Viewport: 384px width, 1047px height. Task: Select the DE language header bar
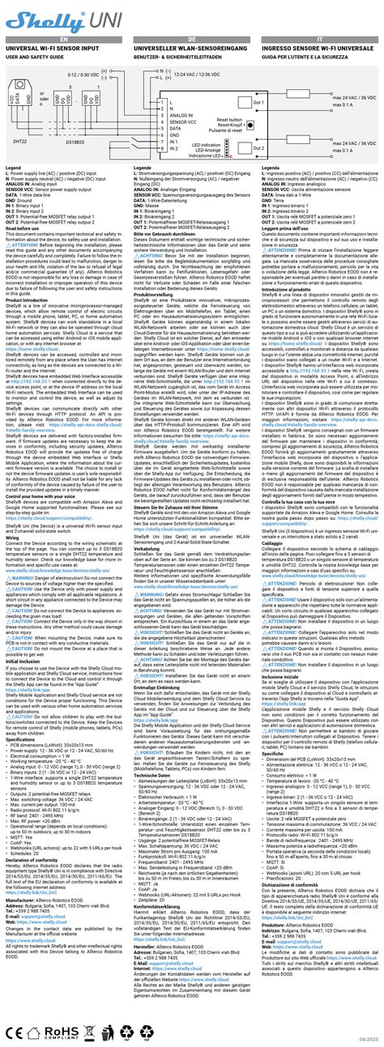click(192, 39)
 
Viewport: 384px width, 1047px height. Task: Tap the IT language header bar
click(319, 39)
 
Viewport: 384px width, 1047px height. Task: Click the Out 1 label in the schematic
click(282, 102)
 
